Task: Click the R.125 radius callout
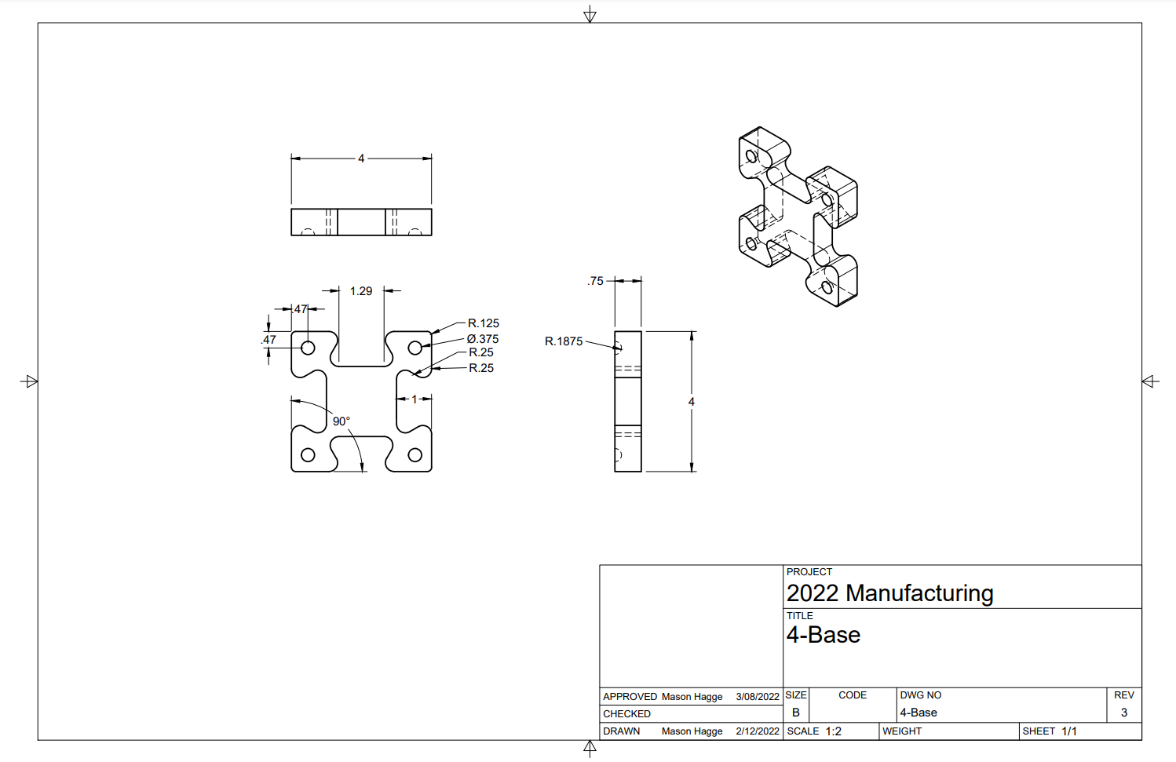tap(483, 323)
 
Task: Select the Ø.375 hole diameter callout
tap(482, 339)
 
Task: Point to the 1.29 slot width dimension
tap(361, 291)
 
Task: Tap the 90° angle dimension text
tap(341, 421)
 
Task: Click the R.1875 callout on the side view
tap(564, 341)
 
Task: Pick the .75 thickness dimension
tap(596, 281)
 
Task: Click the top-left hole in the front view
tap(308, 348)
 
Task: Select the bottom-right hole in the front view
tap(415, 455)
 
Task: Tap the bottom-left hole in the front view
tap(308, 455)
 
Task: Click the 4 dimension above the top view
tap(361, 159)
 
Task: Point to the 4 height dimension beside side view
tap(692, 402)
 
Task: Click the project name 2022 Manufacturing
tap(889, 593)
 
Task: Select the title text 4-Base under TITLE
tap(824, 635)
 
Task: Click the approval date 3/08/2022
tap(758, 697)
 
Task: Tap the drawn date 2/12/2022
tap(758, 731)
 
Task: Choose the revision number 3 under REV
tap(1124, 713)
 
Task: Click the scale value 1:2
tap(833, 731)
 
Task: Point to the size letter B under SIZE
tap(795, 713)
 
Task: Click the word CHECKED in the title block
tap(626, 714)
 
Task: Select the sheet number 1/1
tap(1069, 731)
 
